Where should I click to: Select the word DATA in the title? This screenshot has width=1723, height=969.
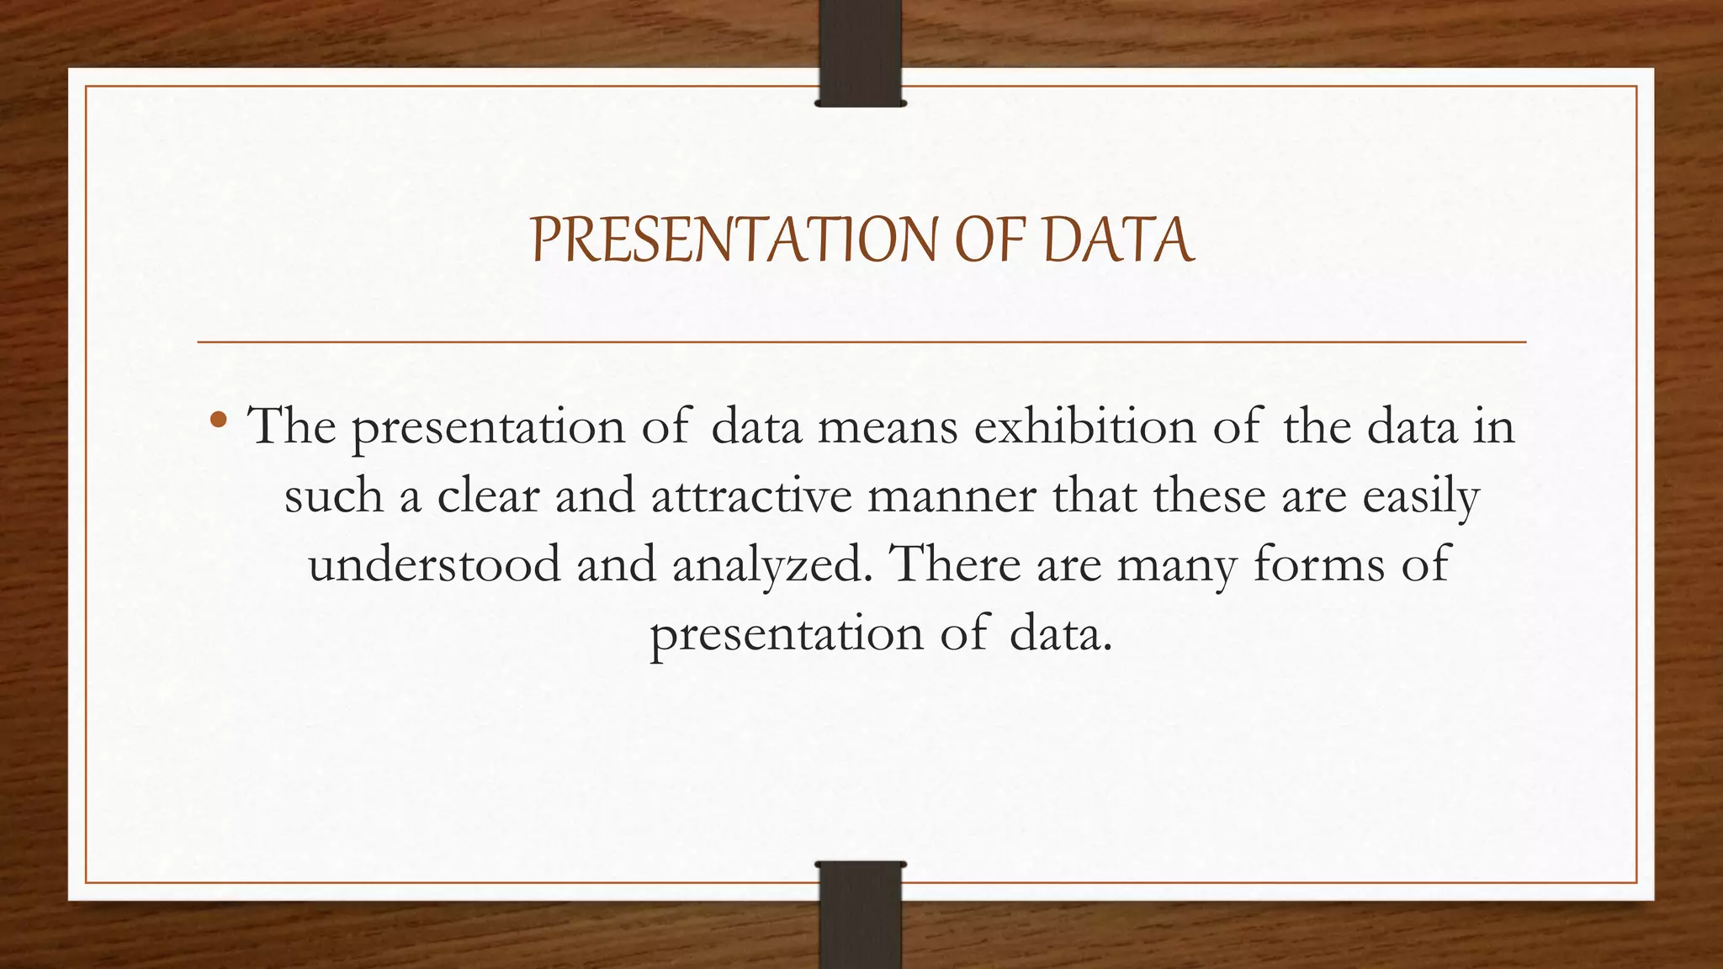point(1118,241)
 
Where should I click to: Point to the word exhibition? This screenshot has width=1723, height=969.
point(1084,426)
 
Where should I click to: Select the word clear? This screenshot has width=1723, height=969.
point(488,495)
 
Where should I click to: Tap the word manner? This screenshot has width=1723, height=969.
point(952,496)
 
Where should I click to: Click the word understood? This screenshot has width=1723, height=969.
point(434,564)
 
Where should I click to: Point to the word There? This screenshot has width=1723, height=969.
point(955,564)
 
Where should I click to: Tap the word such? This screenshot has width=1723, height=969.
point(334,495)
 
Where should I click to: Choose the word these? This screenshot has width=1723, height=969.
point(1209,495)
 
